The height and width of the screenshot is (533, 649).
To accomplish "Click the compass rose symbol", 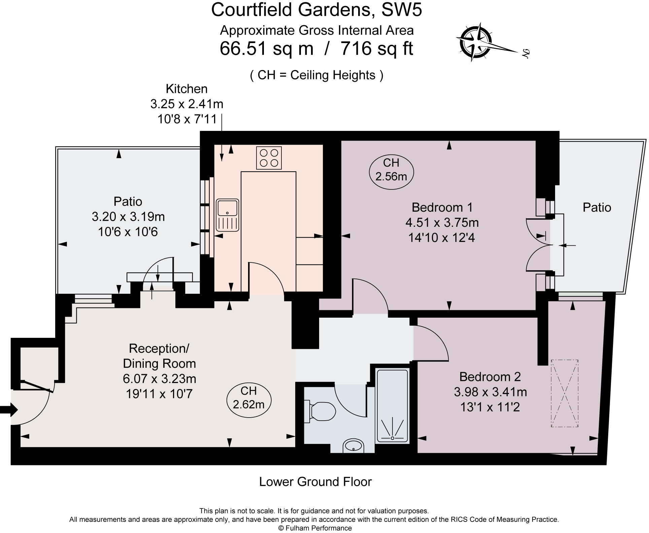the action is click(x=475, y=42).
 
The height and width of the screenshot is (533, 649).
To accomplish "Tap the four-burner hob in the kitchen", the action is click(x=269, y=158).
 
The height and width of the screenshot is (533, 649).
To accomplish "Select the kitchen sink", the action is click(x=228, y=215).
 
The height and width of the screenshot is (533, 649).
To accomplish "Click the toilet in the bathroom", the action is click(x=320, y=411).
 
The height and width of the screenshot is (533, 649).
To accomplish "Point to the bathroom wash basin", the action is click(x=353, y=446).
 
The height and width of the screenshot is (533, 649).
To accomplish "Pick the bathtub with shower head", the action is click(x=392, y=405).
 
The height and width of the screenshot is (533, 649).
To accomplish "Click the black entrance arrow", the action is click(x=9, y=410).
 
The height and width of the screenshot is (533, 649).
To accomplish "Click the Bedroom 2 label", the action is click(x=490, y=377).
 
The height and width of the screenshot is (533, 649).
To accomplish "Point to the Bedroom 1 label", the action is click(x=442, y=207).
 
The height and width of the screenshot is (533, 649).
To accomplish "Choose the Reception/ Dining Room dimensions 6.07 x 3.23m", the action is click(x=159, y=379).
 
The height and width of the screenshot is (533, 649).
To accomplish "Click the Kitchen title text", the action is click(x=186, y=89).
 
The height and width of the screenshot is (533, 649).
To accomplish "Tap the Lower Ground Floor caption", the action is click(x=315, y=482).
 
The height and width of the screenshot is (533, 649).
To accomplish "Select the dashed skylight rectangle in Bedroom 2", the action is click(x=565, y=393).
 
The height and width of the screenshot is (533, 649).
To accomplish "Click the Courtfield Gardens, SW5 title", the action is click(x=316, y=10).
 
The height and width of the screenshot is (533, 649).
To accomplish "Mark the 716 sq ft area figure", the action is click(x=377, y=48).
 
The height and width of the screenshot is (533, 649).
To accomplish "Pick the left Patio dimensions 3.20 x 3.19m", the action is click(x=128, y=217).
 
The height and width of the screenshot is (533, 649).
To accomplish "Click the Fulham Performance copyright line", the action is click(x=315, y=528).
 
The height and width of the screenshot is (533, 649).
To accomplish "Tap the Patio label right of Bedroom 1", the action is click(x=597, y=207).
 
